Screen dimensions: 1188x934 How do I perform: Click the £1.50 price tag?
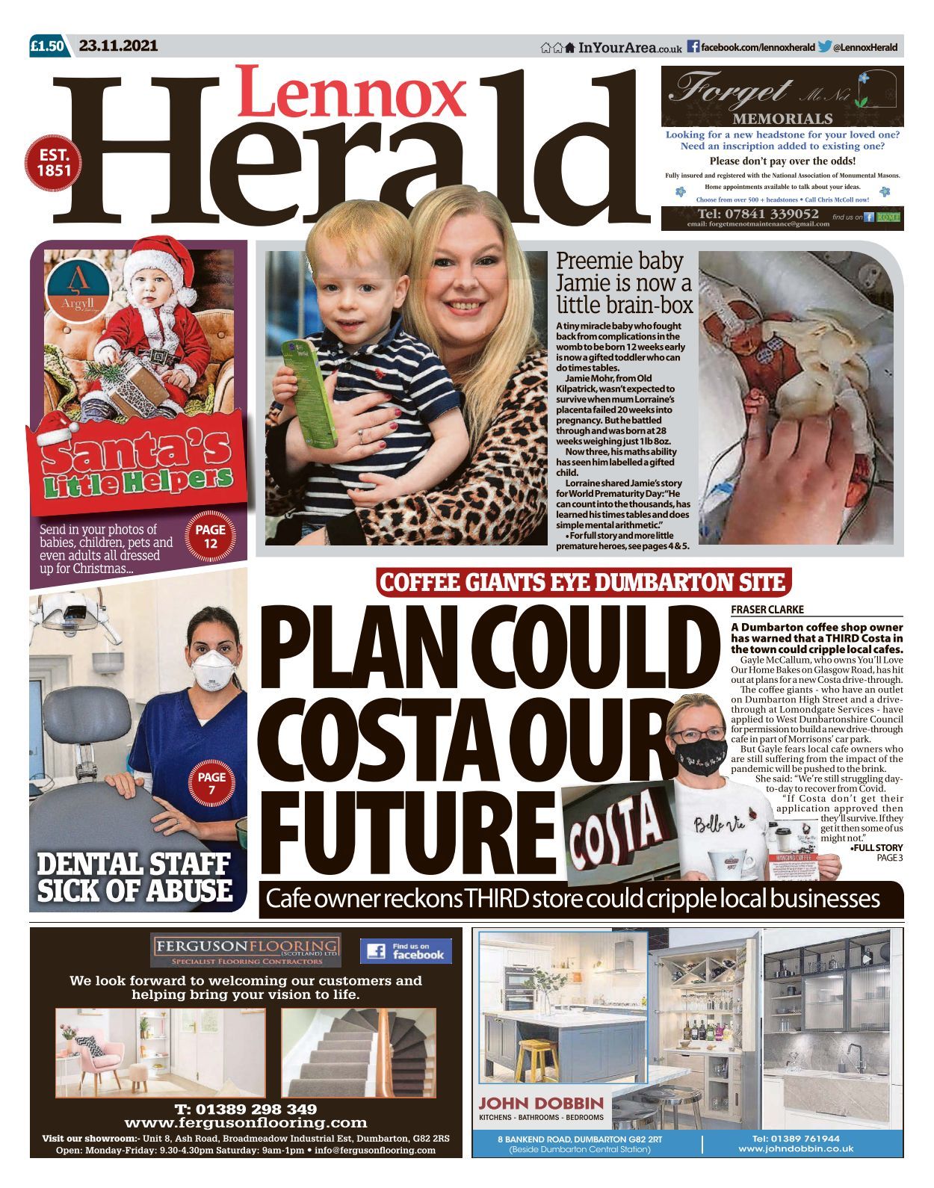48,46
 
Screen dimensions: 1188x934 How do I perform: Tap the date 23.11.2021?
119,46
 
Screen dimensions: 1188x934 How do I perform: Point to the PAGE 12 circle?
211,536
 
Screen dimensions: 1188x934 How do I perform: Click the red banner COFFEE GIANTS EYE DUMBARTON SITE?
583,582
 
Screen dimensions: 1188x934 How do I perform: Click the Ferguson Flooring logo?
246,950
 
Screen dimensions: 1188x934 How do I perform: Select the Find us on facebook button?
406,950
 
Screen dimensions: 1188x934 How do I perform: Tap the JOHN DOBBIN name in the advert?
541,1103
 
